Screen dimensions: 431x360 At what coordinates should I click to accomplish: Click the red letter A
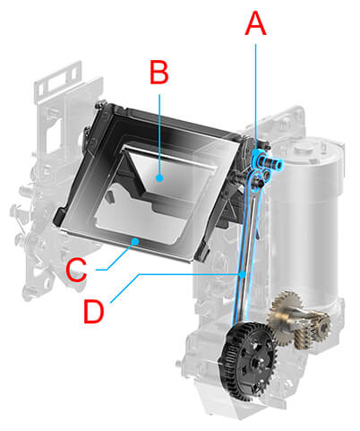click(256, 24)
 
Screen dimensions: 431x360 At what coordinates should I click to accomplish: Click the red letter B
click(159, 74)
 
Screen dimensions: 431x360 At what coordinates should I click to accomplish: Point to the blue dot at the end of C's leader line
click(134, 241)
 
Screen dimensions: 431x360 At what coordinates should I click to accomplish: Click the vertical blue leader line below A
click(257, 90)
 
